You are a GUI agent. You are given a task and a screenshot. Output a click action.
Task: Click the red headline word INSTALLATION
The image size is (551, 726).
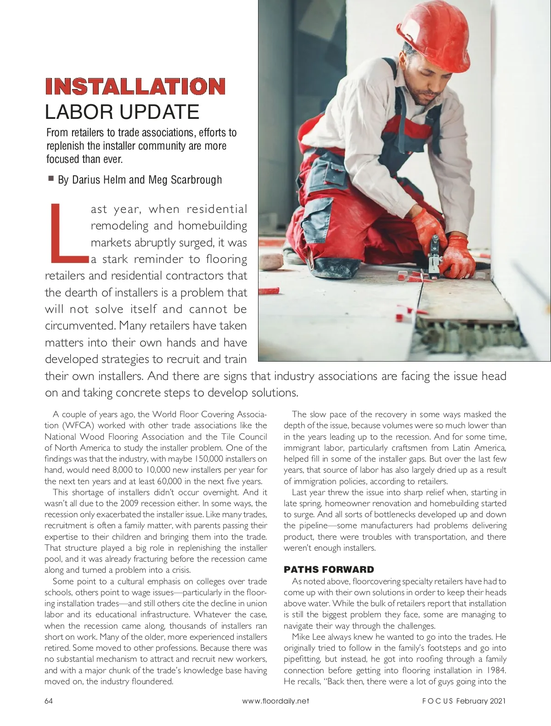click(x=135, y=86)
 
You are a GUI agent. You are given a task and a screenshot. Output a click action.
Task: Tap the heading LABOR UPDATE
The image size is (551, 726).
click(x=122, y=112)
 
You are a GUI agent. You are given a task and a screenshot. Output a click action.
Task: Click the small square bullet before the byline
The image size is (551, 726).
click(x=51, y=179)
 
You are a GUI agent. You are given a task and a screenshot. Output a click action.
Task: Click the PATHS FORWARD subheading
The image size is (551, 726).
click(x=329, y=570)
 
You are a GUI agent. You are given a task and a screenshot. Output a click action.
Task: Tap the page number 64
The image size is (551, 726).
click(x=49, y=701)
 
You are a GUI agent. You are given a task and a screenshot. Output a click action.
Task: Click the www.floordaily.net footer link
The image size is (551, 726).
click(x=275, y=701)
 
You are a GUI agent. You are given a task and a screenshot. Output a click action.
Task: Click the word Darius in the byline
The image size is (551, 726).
click(x=85, y=180)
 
